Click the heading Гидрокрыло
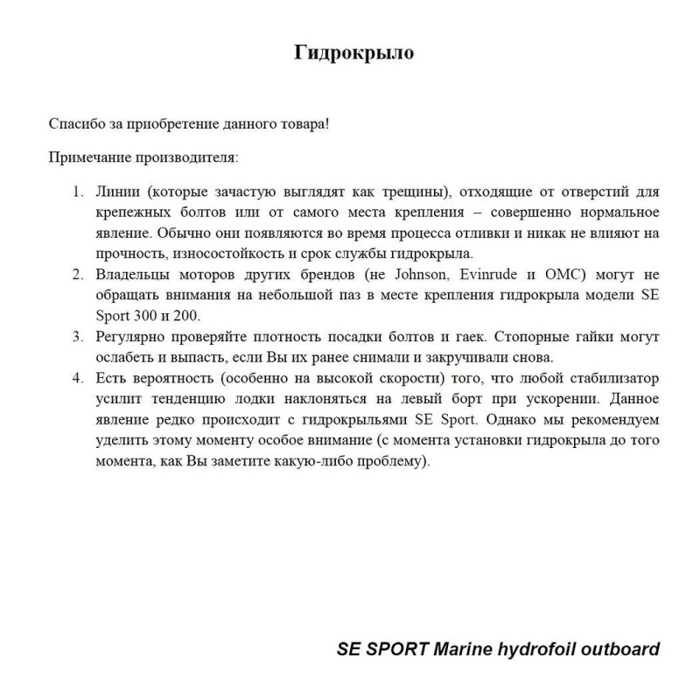tap(353, 53)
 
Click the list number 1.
tap(77, 191)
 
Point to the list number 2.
tap(77, 275)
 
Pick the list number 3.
tap(77, 337)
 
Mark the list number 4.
tap(77, 379)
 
